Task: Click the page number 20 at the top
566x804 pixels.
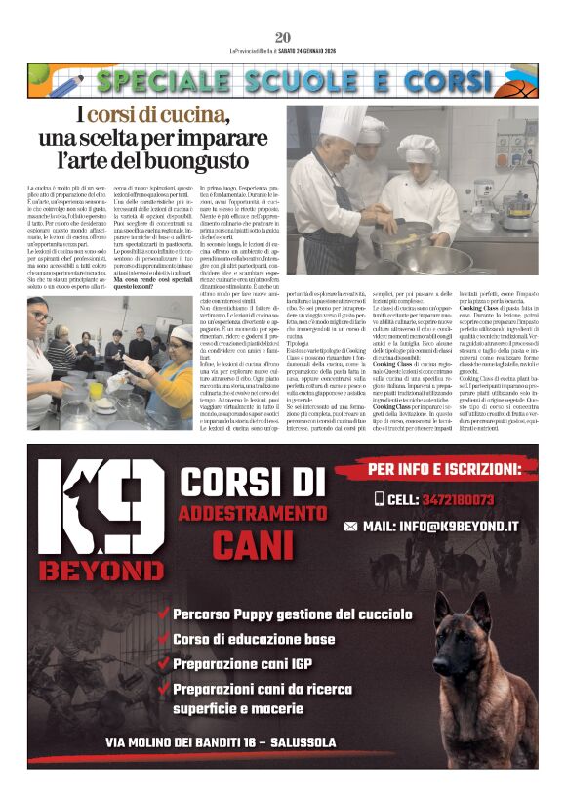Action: [283, 38]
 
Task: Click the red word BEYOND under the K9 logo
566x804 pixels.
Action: [101, 569]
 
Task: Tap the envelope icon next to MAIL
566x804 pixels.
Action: [350, 527]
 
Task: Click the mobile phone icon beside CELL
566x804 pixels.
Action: [380, 499]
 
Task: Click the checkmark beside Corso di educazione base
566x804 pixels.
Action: [164, 640]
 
